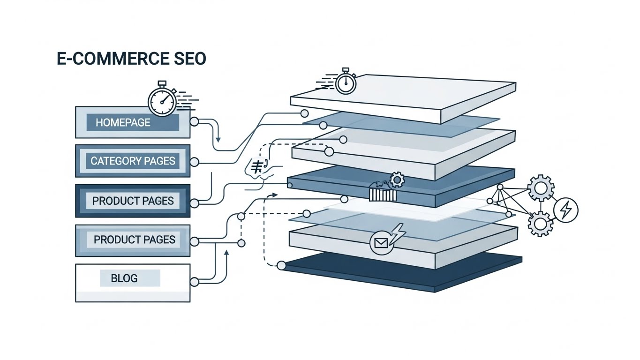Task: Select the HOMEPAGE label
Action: pyautogui.click(x=123, y=122)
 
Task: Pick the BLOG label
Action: pyautogui.click(x=124, y=278)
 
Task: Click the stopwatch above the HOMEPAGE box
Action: pyautogui.click(x=162, y=99)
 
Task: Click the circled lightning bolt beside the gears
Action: pyautogui.click(x=566, y=210)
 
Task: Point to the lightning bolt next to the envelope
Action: pyautogui.click(x=398, y=233)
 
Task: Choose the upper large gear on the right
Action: pyautogui.click(x=541, y=188)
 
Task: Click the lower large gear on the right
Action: pyautogui.click(x=540, y=224)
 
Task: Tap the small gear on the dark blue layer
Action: pyautogui.click(x=397, y=180)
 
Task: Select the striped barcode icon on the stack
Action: pyautogui.click(x=383, y=195)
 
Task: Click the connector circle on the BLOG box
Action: pyautogui.click(x=194, y=282)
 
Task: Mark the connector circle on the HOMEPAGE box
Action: pyautogui.click(x=194, y=122)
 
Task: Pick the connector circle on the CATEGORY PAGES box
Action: pyautogui.click(x=194, y=162)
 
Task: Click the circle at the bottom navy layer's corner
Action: pyautogui.click(x=281, y=265)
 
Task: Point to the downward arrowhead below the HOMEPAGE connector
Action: pyautogui.click(x=218, y=140)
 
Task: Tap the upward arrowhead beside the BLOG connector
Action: pyautogui.click(x=226, y=252)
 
